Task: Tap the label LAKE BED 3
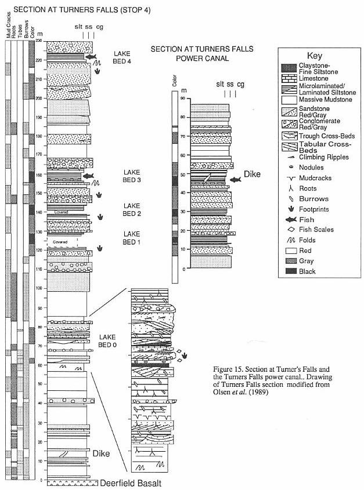click(132, 176)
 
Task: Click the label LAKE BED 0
click(109, 341)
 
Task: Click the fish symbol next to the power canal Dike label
click(235, 180)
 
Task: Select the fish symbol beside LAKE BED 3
click(88, 176)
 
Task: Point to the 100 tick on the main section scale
click(39, 288)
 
